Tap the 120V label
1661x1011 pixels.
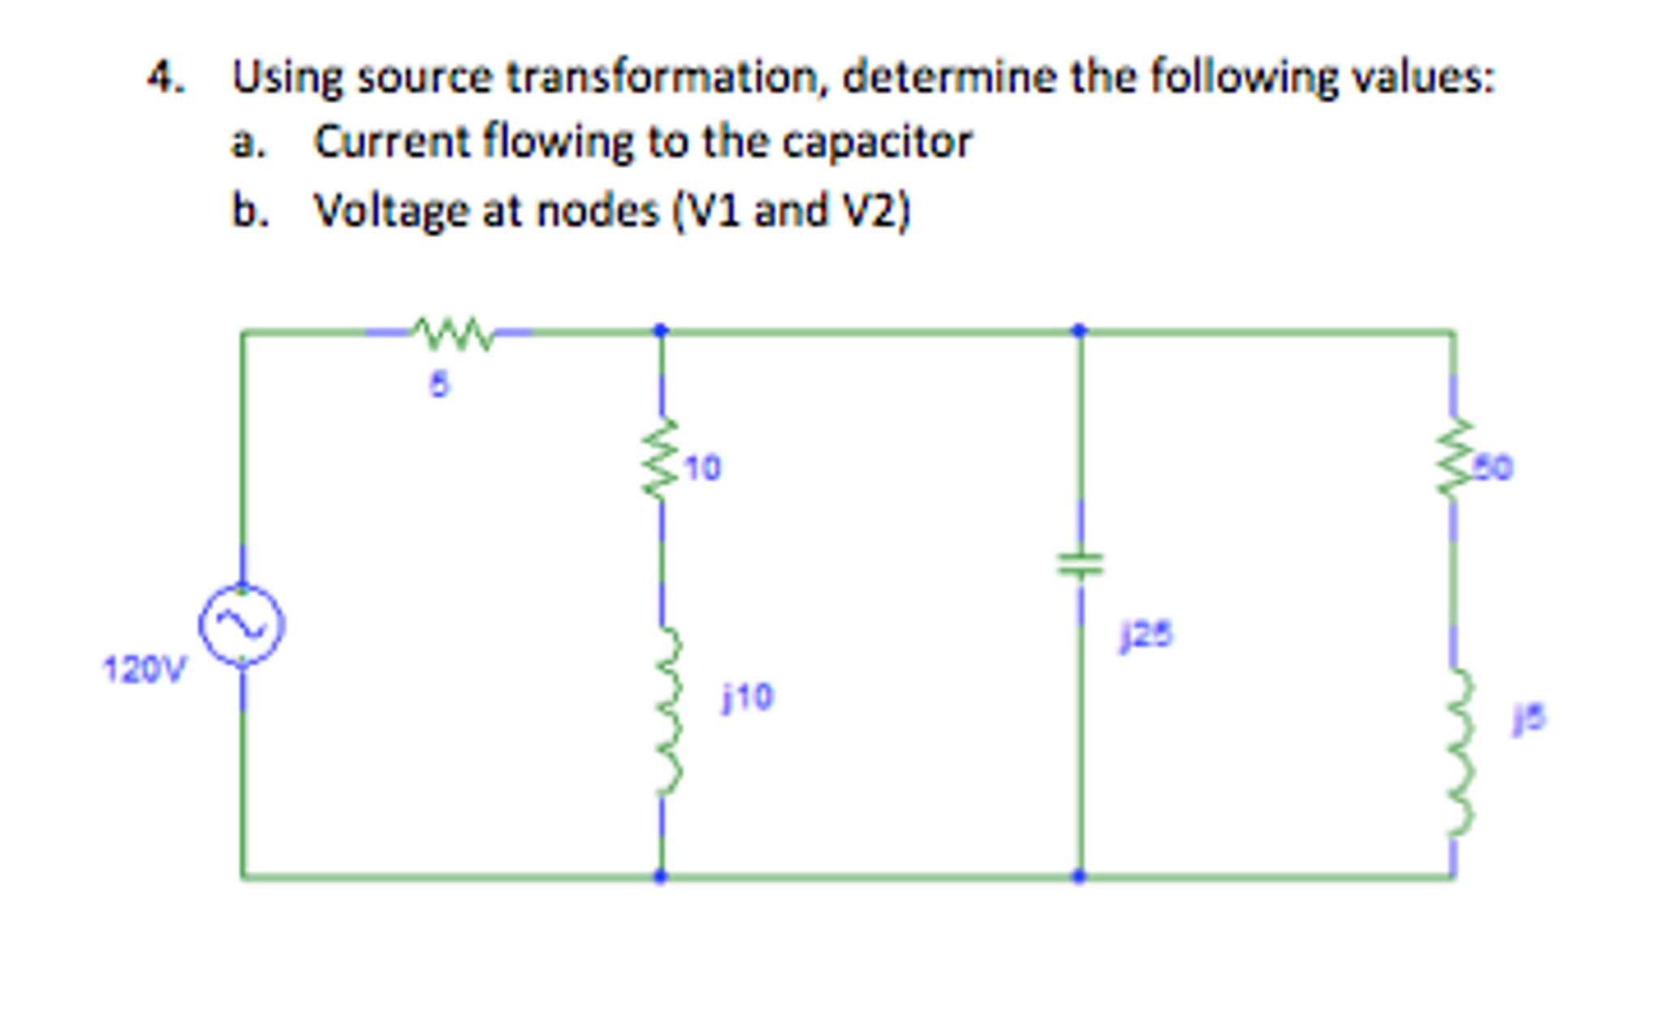click(144, 671)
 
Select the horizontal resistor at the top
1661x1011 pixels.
click(451, 333)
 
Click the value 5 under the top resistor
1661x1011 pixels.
click(438, 385)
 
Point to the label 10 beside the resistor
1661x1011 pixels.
click(702, 469)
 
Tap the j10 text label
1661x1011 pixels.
click(749, 697)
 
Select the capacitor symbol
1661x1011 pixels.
click(1080, 563)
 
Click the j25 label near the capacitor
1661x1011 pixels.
click(1146, 635)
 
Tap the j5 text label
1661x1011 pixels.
click(1529, 719)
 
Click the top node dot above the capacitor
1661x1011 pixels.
click(1079, 330)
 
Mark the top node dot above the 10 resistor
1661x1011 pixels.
click(661, 330)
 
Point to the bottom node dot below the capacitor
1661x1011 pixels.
click(1079, 876)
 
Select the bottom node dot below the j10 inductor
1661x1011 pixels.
click(661, 876)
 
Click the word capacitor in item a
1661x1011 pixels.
click(877, 142)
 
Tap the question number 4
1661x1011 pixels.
click(166, 78)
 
